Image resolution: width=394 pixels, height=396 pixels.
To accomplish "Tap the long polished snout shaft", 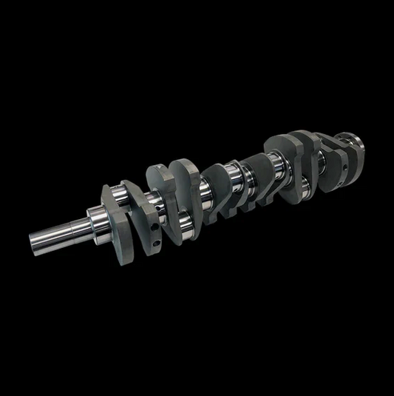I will coord(59,231).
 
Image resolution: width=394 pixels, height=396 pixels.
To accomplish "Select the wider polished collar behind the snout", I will coord(95,219).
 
